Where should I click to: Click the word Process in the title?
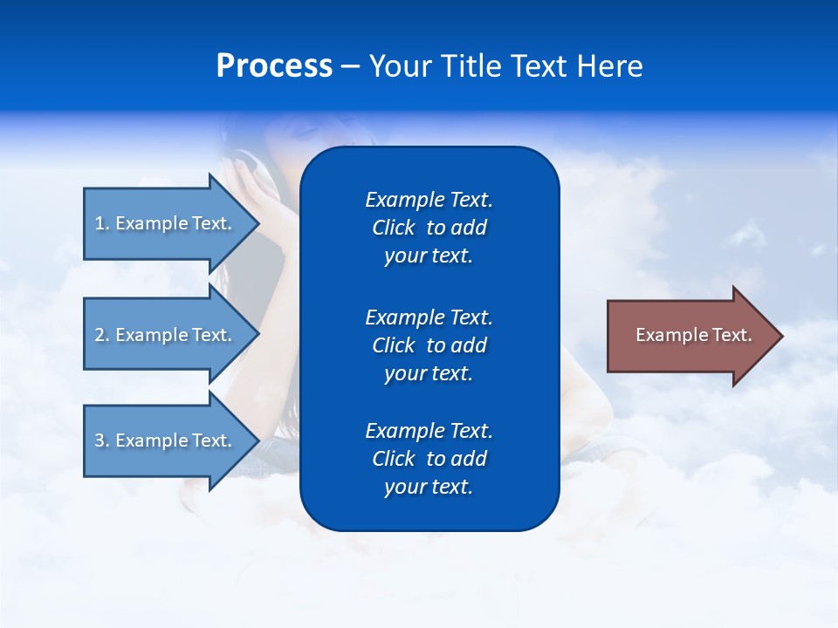click(274, 66)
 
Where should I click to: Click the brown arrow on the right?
click(690, 336)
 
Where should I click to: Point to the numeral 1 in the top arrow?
click(100, 223)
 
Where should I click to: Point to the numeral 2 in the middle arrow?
click(100, 335)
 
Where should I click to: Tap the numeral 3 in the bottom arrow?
click(100, 440)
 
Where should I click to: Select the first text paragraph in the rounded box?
click(429, 228)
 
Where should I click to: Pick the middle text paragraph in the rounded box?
click(429, 345)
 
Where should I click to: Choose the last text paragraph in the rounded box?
click(429, 459)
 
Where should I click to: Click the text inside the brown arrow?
click(693, 335)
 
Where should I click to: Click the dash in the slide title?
click(350, 67)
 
